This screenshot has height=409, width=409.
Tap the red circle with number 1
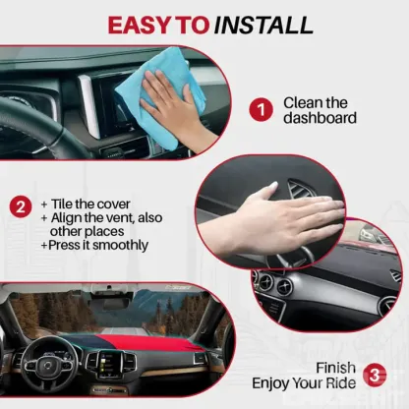[x=260, y=109]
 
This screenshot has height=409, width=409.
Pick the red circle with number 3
[x=375, y=374]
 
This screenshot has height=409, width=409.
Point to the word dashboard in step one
[x=320, y=119]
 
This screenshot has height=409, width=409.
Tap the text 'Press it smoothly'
[x=95, y=245]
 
